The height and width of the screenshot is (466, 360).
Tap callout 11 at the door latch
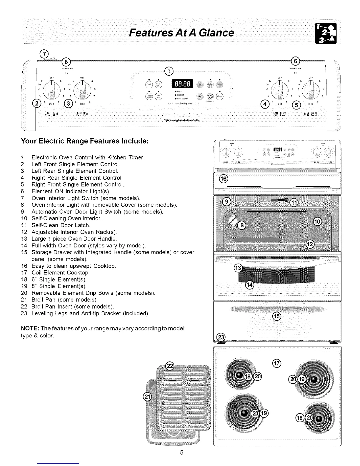point(294,202)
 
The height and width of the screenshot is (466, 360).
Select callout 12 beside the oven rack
point(310,244)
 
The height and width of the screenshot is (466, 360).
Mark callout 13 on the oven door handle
point(237,268)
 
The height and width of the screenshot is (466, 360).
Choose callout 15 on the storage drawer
point(277,316)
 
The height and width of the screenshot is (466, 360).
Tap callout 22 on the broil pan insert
point(170,366)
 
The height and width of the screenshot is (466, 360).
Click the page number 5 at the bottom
point(182,452)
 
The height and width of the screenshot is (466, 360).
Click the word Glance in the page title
point(216,32)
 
